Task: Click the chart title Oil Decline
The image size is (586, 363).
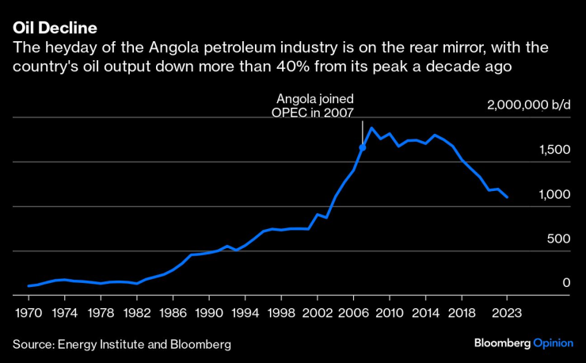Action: [55, 28]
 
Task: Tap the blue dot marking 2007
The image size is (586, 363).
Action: [363, 147]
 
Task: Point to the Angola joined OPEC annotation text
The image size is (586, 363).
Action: [314, 105]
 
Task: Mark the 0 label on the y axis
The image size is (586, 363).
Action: [565, 283]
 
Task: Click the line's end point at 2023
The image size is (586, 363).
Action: [507, 197]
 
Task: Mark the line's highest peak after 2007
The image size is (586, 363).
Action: [371, 128]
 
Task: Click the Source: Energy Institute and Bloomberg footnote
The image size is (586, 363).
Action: [122, 345]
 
